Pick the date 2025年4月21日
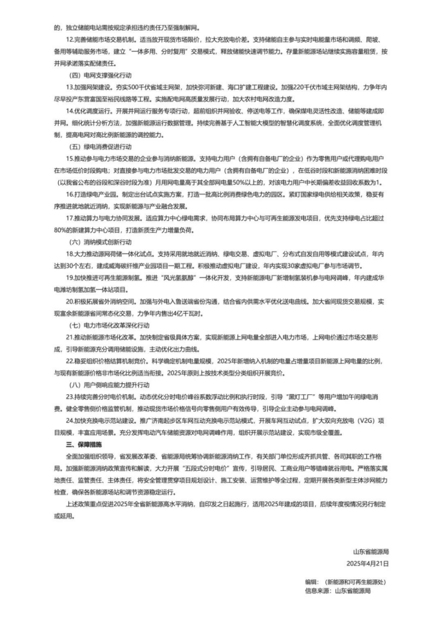368,562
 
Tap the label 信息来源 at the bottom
317,591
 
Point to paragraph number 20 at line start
69,301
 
